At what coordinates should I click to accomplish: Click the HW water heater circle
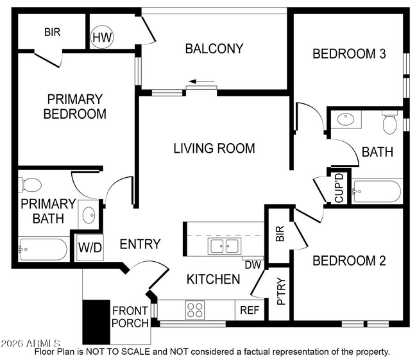coord(102,37)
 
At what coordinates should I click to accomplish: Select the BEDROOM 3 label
coord(348,54)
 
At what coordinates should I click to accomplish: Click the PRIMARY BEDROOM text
coord(74,107)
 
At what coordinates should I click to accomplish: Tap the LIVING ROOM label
coord(214,148)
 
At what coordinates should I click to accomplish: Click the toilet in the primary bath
coord(30,185)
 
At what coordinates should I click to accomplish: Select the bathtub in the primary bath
coord(43,248)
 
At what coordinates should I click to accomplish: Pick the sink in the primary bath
coord(89,214)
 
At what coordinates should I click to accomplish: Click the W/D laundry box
coord(90,248)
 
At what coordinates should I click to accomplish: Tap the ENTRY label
coord(140,244)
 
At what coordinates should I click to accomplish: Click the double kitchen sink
coord(223,246)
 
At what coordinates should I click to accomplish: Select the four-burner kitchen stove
coord(194,311)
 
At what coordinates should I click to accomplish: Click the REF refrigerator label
coord(249,311)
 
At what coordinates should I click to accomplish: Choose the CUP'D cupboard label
coord(339,187)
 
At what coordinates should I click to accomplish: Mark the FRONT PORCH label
coord(130,317)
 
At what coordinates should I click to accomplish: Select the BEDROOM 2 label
coord(348,261)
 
